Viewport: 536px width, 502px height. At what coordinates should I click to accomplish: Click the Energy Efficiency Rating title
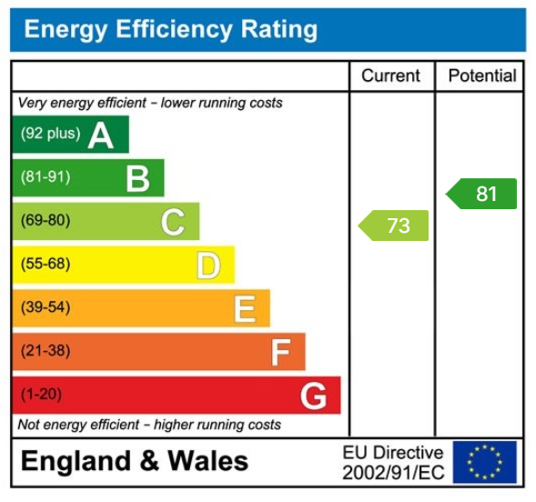click(x=170, y=30)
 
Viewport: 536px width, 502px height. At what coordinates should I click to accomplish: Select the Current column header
click(x=390, y=76)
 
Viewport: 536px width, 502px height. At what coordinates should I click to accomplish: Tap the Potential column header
click(x=481, y=76)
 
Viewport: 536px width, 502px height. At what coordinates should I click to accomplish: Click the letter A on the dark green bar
click(x=101, y=136)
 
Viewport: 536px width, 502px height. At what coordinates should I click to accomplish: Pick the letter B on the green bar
click(x=137, y=178)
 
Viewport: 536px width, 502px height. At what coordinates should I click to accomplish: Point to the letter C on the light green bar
click(x=173, y=222)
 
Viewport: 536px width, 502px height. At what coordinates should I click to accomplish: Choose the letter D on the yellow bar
click(x=208, y=266)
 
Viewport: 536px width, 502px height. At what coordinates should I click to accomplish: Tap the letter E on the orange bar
click(x=244, y=309)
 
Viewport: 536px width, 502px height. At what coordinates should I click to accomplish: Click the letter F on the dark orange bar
click(x=280, y=352)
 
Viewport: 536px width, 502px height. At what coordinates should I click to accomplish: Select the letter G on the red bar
click(x=313, y=396)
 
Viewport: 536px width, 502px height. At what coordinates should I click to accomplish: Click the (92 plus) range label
click(x=50, y=134)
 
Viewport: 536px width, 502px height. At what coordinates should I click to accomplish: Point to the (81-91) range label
click(x=46, y=176)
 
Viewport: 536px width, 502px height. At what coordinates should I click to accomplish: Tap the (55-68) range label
click(x=46, y=264)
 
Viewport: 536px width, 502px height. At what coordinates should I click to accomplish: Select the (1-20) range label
click(x=42, y=395)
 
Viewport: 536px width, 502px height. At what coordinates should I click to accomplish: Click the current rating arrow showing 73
click(x=394, y=226)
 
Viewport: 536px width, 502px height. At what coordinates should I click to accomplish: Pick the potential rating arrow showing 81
click(x=482, y=194)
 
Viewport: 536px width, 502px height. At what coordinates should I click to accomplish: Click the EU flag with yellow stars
click(x=484, y=462)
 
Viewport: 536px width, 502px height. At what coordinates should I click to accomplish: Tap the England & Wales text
click(x=134, y=461)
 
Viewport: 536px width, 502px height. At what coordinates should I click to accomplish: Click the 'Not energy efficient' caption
click(x=149, y=425)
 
